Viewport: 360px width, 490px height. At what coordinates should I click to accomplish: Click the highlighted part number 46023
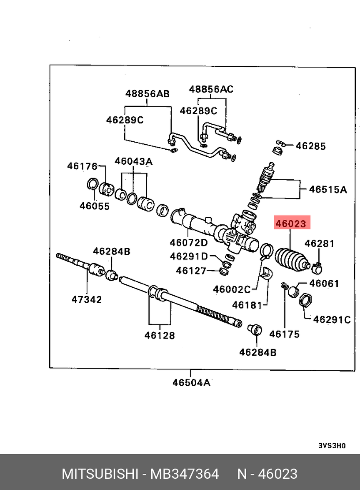click(291, 224)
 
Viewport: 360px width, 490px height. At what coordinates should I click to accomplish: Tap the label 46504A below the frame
click(191, 382)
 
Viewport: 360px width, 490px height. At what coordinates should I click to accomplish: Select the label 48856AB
click(147, 94)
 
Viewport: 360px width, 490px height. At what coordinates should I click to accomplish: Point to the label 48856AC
click(211, 89)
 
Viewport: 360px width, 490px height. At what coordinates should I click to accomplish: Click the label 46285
click(310, 146)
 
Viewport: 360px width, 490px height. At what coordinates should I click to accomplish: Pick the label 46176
click(82, 166)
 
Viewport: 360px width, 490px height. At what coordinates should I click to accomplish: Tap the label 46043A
click(134, 161)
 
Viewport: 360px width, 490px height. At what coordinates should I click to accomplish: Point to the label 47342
click(87, 299)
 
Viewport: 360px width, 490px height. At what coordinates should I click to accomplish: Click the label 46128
click(160, 335)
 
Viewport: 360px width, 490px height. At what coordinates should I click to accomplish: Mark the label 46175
click(284, 334)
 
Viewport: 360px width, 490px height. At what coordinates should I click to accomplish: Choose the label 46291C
click(332, 319)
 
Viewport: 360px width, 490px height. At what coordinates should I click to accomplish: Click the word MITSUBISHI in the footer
click(100, 474)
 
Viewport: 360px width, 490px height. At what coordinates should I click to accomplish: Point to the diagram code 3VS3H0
click(332, 445)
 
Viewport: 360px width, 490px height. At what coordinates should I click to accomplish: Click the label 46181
click(247, 305)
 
